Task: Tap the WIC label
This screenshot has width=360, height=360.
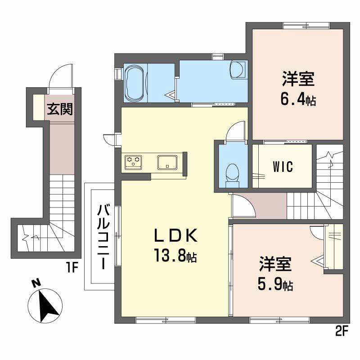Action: tap(283, 166)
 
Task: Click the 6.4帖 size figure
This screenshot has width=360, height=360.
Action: tap(298, 99)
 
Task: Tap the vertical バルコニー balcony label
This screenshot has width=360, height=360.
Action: tap(104, 237)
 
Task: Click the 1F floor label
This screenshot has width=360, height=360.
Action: tap(72, 268)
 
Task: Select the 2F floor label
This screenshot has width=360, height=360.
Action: tap(342, 332)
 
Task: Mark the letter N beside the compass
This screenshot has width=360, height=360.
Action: tap(36, 283)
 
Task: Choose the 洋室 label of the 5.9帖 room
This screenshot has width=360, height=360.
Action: tap(275, 264)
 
